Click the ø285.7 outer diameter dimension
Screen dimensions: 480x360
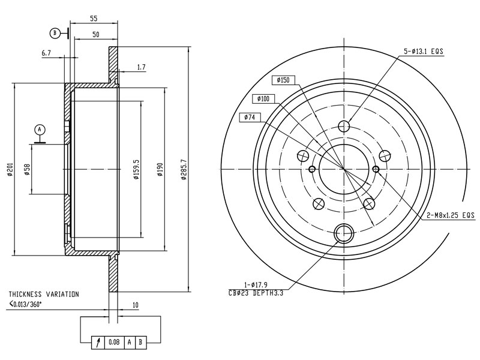pyautogui.click(x=184, y=169)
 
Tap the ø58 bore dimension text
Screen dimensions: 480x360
pyautogui.click(x=27, y=169)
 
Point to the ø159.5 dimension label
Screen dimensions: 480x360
pyautogui.click(x=137, y=169)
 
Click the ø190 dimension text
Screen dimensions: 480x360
pyautogui.click(x=160, y=169)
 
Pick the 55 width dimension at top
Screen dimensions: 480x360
pyautogui.click(x=94, y=19)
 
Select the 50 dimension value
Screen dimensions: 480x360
pyautogui.click(x=96, y=35)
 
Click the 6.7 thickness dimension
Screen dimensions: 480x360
pyautogui.click(x=46, y=53)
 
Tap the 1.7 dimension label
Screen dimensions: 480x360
pyautogui.click(x=142, y=67)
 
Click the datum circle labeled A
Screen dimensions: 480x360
pyautogui.click(x=40, y=130)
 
